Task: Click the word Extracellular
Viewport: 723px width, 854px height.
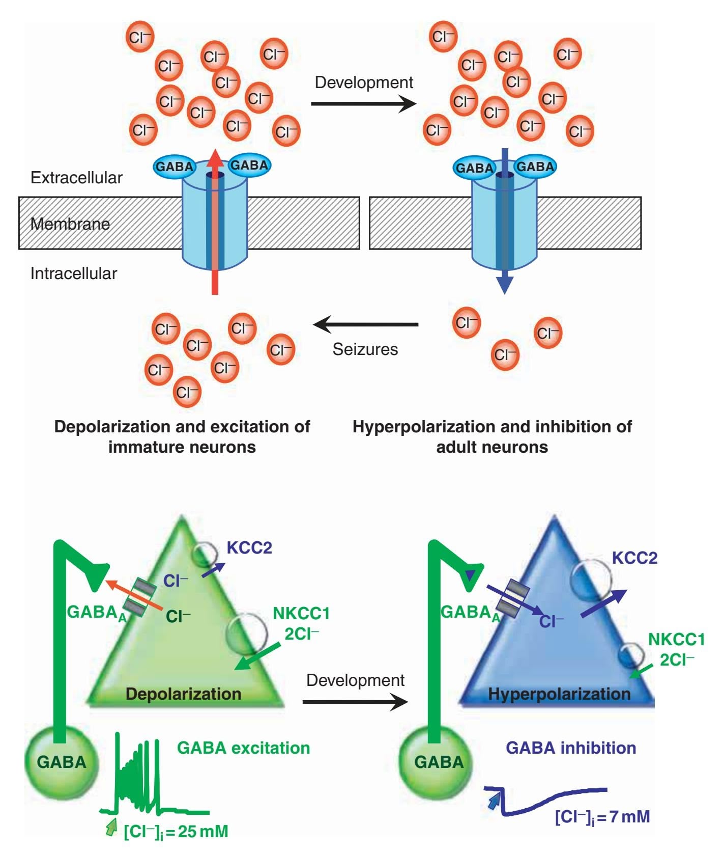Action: tap(76, 178)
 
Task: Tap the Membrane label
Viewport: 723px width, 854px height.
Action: tap(70, 224)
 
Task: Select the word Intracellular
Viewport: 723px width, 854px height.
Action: tap(74, 273)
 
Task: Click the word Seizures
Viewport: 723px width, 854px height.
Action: tap(365, 349)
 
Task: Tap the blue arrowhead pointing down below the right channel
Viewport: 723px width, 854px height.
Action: tap(504, 285)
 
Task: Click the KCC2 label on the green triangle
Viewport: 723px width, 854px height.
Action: tap(249, 548)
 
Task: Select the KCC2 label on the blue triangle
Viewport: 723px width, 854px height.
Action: tap(634, 558)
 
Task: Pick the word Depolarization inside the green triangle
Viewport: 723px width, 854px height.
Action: tap(183, 694)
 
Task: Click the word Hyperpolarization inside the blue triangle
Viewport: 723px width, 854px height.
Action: tap(559, 694)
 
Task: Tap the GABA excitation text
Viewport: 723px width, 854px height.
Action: tap(243, 748)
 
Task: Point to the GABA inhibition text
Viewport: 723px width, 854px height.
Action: tap(571, 748)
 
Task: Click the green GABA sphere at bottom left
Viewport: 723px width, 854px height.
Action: tap(62, 762)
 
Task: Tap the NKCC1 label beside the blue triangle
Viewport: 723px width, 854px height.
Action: tap(676, 639)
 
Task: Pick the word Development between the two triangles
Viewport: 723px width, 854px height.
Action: tap(355, 680)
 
